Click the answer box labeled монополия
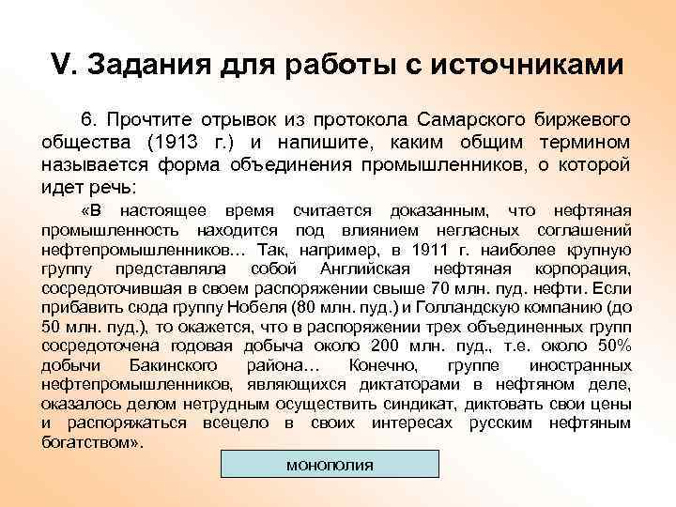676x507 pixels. pos(329,466)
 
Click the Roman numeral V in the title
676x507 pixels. pos(59,66)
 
